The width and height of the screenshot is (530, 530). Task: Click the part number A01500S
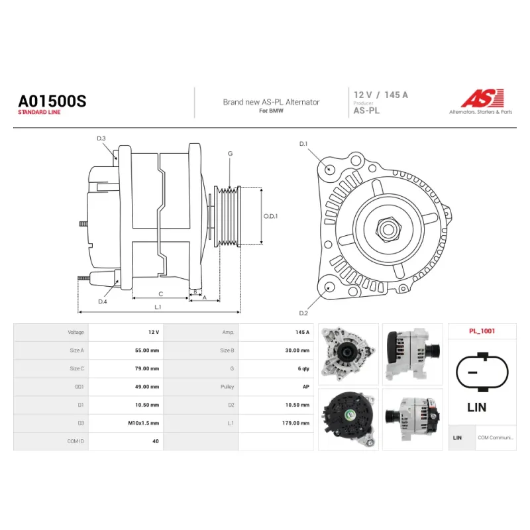[x=52, y=101]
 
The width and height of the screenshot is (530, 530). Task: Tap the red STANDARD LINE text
[x=39, y=112]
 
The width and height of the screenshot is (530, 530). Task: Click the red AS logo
[x=483, y=98]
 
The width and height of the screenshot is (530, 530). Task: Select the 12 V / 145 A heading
[x=380, y=95]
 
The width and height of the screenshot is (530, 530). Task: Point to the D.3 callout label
[x=101, y=138]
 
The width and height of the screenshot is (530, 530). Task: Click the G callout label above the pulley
[x=230, y=154]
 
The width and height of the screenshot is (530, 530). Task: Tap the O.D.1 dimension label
[x=270, y=216]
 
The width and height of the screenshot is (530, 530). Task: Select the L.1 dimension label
[x=158, y=307]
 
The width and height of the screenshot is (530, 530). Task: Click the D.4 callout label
[x=103, y=301]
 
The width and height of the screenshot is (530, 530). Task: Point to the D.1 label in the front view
[x=303, y=144]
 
